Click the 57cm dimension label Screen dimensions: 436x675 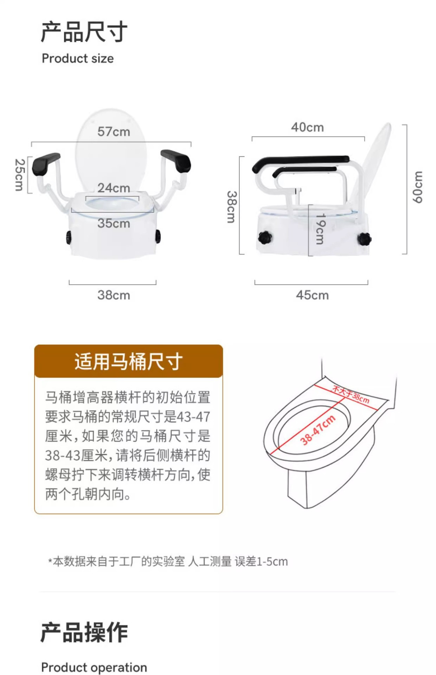pos(114,131)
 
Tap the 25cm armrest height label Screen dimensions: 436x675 pos(20,175)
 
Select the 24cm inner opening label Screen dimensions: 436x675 pos(114,188)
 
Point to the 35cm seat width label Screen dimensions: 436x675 pos(114,223)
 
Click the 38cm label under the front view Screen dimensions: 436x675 pos(114,295)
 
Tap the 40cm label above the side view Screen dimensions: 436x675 pos(307,127)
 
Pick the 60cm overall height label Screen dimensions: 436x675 pos(417,187)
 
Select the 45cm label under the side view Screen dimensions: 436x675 pos(312,295)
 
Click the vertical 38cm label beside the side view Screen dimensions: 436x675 pos(231,207)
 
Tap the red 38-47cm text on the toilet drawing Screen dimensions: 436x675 pos(318,430)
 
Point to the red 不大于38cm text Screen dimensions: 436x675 pos(351,395)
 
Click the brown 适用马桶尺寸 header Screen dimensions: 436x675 pos(128,361)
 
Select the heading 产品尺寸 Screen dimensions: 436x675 pos(84,32)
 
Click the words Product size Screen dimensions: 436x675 pos(78,58)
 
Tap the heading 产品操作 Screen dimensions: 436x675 pos(84,632)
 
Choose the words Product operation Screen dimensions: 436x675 pos(94,667)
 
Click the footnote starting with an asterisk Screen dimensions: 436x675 pos(168,561)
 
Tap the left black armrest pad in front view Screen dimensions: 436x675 pos(46,163)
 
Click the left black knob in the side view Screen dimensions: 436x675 pos(265,238)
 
